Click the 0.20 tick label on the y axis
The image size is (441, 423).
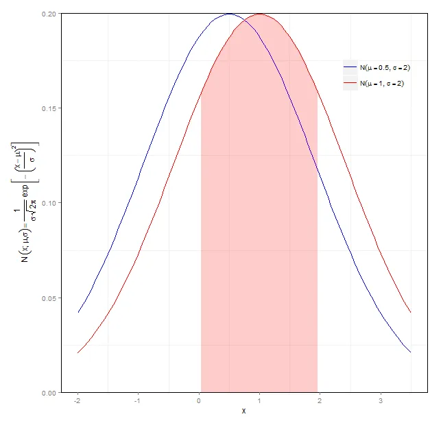(x=49, y=14)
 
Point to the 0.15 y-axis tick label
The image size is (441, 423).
(x=49, y=108)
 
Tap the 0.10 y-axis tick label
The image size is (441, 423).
(x=49, y=203)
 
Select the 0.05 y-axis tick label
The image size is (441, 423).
(x=49, y=298)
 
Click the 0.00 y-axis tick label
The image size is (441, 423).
(x=49, y=393)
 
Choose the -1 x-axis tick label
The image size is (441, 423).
(x=138, y=400)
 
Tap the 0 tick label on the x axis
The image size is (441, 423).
(x=199, y=400)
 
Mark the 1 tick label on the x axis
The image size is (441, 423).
(x=259, y=400)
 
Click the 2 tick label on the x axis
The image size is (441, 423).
(x=320, y=400)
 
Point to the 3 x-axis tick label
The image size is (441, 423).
(x=380, y=400)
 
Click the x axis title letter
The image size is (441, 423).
(x=243, y=411)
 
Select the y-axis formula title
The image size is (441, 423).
(x=26, y=203)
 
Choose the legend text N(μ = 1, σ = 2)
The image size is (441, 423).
(x=378, y=84)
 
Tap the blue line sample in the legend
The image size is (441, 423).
(x=350, y=67)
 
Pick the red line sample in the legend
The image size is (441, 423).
(x=350, y=84)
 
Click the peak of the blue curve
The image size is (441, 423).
(x=229, y=14)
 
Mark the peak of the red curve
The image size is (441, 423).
(x=259, y=14)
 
